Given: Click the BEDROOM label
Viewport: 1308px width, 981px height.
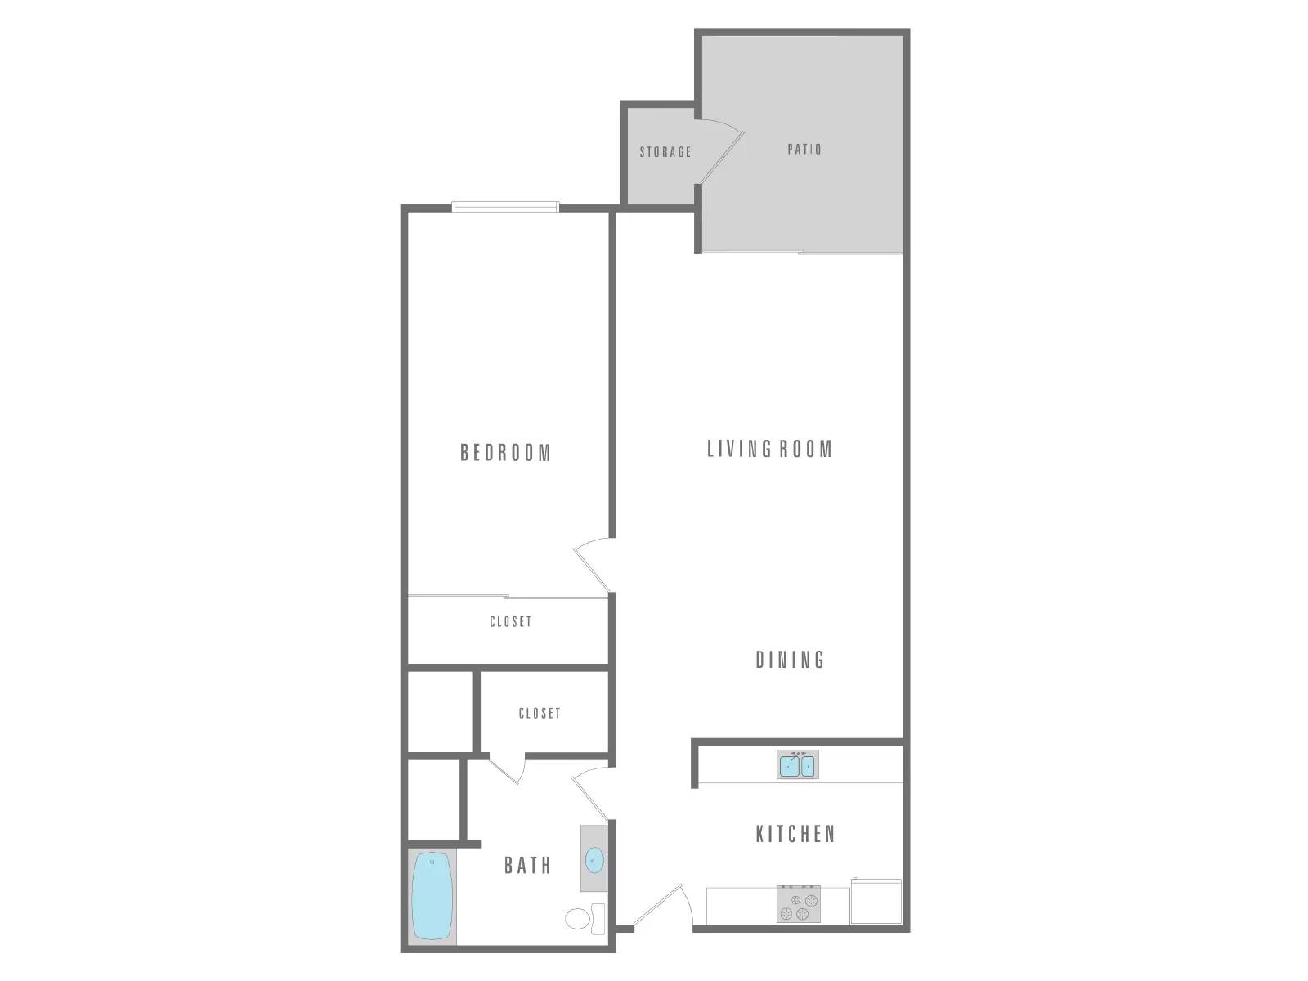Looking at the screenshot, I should (506, 453).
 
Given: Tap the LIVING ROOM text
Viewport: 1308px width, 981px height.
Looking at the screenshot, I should (769, 449).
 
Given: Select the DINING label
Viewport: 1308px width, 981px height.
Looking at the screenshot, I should (790, 660).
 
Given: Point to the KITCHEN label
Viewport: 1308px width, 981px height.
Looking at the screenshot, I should (795, 834).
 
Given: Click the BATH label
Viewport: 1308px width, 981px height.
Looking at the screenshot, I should (527, 865).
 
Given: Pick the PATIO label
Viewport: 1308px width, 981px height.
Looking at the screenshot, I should (804, 150).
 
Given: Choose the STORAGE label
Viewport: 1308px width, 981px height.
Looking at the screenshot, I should (665, 152).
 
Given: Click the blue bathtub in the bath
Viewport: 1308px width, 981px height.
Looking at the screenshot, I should (432, 896).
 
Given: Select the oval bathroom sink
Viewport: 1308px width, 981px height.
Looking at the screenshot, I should (595, 860).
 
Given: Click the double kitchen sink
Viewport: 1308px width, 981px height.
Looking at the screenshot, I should (797, 765).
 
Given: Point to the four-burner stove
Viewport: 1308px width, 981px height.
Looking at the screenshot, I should (798, 904).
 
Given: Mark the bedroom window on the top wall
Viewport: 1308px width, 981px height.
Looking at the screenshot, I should (506, 207).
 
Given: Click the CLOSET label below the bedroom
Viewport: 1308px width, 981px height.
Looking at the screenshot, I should (510, 622).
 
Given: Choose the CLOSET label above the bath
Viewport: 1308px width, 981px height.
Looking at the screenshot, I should (540, 714).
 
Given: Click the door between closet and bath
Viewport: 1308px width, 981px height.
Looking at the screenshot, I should (507, 768).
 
